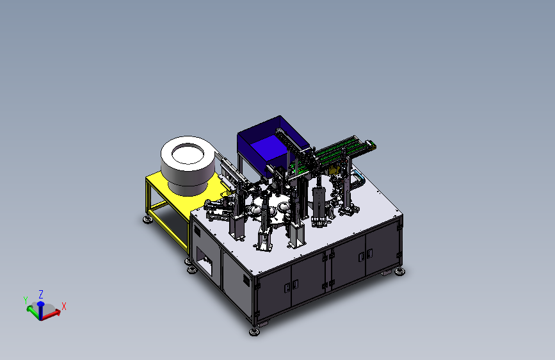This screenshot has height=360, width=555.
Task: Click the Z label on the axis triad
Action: (x=41, y=295)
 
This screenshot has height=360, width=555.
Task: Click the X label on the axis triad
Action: (x=64, y=306)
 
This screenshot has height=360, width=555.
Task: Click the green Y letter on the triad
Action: (x=26, y=300)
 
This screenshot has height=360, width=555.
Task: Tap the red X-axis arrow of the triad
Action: (x=51, y=315)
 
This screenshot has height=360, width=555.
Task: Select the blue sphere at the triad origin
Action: (x=41, y=304)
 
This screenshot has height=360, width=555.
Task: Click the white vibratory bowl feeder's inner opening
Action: (x=188, y=154)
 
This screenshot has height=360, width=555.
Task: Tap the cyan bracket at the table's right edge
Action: (x=358, y=176)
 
